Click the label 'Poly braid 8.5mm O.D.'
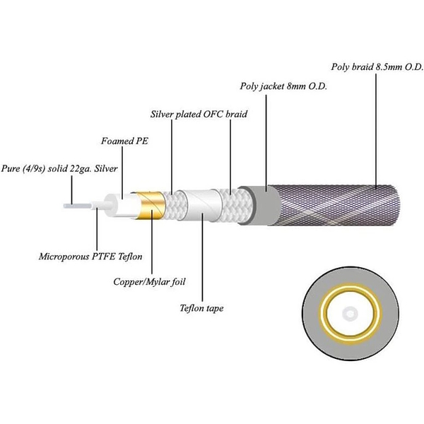(x=377, y=67)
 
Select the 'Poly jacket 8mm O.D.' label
(x=283, y=86)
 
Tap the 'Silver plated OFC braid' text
(x=199, y=114)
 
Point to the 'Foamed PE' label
(x=124, y=141)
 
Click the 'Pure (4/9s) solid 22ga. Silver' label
(x=59, y=169)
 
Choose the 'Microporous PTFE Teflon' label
(x=90, y=257)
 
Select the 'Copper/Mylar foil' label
(x=149, y=282)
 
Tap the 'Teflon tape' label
(x=201, y=308)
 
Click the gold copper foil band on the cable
(x=150, y=206)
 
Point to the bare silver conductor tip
(x=77, y=206)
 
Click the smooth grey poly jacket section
(x=261, y=206)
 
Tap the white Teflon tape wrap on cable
(x=202, y=205)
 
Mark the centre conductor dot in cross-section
(x=351, y=314)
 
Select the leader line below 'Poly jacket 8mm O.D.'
(x=266, y=143)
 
